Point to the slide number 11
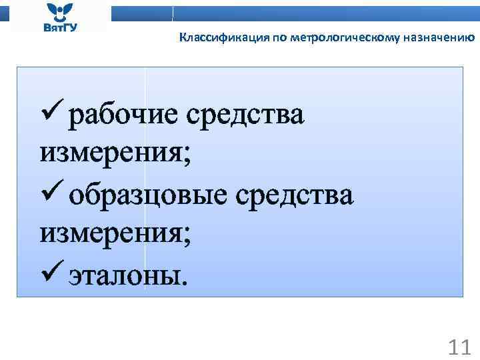pos(459,347)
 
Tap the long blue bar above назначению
pos(326,13)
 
